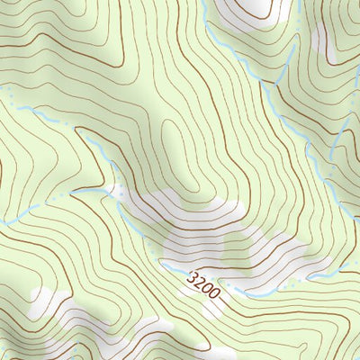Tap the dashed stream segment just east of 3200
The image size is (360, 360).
[247, 294]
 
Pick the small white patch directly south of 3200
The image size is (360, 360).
[211, 310]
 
